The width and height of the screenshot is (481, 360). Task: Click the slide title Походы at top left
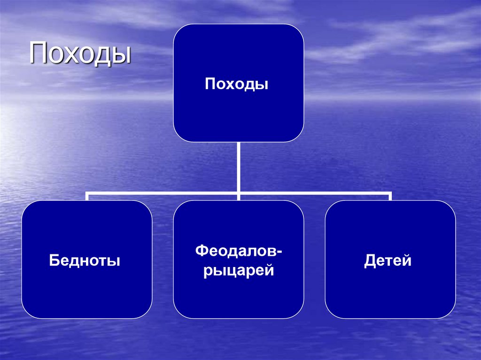80,53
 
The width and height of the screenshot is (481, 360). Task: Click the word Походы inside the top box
238,84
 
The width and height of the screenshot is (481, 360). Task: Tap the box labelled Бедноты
86,291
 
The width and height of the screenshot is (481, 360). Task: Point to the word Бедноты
85,260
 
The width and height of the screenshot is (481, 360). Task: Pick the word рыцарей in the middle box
239,271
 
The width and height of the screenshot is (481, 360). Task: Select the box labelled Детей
390,291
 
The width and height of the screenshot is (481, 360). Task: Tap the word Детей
388,260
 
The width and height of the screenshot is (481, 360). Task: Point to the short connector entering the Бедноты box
87,197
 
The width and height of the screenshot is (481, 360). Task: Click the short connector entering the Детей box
390,197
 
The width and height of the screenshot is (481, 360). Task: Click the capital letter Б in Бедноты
54,260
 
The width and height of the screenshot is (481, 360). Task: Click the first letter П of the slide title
39,53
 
